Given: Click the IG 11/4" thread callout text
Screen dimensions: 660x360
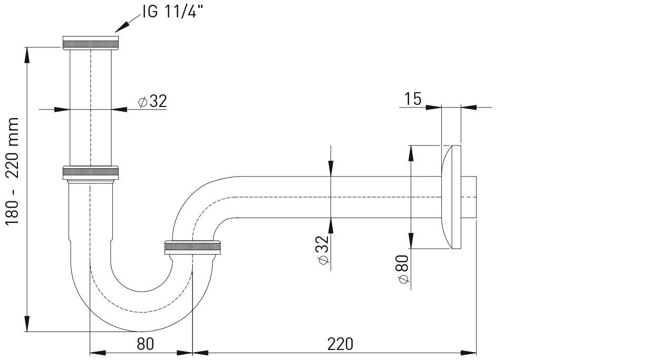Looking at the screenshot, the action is [173, 12].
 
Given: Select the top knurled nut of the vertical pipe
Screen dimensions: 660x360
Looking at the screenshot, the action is [91, 43].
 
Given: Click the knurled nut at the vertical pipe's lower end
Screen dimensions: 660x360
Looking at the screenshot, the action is [91, 173].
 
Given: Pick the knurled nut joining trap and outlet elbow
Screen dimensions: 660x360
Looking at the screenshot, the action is [192, 247].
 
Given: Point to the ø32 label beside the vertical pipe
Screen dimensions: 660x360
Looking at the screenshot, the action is [153, 101].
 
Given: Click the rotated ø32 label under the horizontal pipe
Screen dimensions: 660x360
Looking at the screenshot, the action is [323, 250].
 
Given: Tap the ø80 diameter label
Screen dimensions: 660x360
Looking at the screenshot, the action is [404, 269].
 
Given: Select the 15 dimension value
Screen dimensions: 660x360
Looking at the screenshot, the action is [412, 99].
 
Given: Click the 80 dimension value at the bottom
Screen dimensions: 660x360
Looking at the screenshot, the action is [145, 344].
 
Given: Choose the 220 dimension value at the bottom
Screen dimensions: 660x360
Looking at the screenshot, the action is [340, 344].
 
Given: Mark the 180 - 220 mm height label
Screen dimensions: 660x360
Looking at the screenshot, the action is [12, 172].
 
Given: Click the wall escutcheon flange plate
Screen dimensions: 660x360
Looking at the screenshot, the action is [451, 197].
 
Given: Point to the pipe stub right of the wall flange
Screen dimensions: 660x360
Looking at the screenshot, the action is [469, 197].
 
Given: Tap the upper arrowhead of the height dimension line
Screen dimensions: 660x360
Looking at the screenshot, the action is [27, 55].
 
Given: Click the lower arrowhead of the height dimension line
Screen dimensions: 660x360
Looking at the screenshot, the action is [27, 324].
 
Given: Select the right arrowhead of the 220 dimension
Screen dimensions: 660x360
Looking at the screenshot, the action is [469, 353].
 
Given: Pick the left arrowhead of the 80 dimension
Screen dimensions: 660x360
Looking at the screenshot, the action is [98, 353].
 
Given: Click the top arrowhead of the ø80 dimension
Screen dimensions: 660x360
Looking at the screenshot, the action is [411, 153].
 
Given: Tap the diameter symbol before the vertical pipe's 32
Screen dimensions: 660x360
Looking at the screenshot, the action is [143, 102].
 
